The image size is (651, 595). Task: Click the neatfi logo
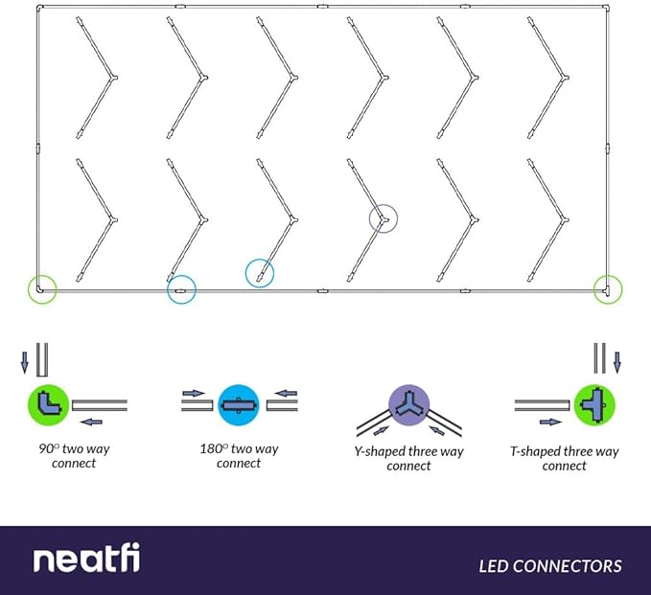click(86, 560)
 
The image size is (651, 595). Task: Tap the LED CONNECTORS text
click(550, 565)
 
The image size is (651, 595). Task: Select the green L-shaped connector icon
click(47, 403)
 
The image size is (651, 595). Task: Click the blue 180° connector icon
click(237, 404)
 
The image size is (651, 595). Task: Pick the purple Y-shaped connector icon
click(407, 405)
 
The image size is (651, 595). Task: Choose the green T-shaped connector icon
click(593, 404)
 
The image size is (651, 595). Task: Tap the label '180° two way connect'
click(239, 455)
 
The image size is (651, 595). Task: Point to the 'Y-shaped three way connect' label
click(409, 458)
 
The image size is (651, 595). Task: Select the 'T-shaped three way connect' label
click(565, 458)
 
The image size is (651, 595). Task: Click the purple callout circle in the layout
click(384, 219)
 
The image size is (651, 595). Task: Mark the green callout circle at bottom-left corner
click(41, 287)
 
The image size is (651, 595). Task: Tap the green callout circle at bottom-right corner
click(607, 287)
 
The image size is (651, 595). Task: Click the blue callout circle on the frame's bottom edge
click(181, 289)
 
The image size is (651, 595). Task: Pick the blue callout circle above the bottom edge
click(260, 274)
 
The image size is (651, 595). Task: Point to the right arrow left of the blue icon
click(193, 393)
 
